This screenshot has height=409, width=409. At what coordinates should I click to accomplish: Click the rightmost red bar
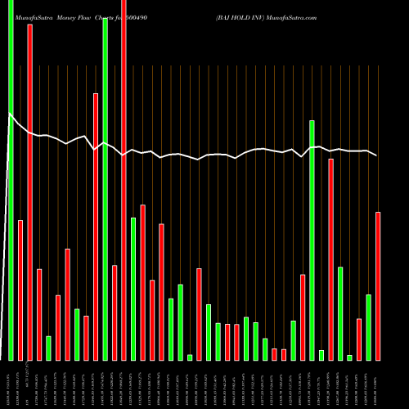378,285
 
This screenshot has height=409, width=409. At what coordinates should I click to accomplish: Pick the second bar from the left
20,290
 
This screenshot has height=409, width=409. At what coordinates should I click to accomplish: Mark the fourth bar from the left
39,314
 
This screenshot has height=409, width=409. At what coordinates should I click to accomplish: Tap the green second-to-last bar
369,327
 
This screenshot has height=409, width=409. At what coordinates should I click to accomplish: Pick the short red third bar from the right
359,339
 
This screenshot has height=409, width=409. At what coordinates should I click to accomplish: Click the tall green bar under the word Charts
106,188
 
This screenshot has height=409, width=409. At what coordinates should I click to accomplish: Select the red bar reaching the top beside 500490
124,180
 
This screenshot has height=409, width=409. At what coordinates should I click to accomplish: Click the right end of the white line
377,155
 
